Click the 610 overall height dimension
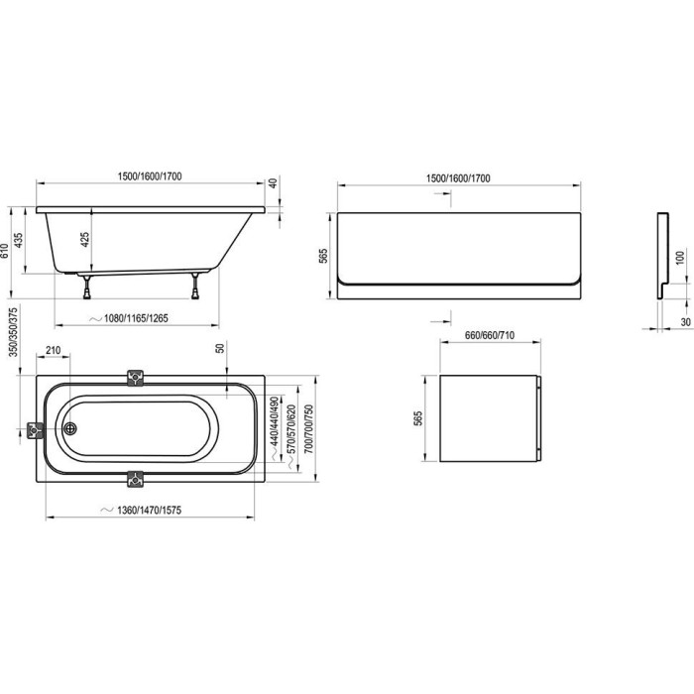[x=5, y=251]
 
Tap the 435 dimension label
[x=19, y=240]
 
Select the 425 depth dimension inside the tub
[x=84, y=240]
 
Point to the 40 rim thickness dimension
[x=273, y=182]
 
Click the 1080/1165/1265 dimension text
[x=136, y=318]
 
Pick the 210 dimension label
[x=54, y=351]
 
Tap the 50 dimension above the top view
[x=220, y=348]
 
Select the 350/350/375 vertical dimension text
[x=14, y=332]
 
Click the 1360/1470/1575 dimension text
[x=149, y=511]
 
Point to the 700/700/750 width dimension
[x=309, y=429]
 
